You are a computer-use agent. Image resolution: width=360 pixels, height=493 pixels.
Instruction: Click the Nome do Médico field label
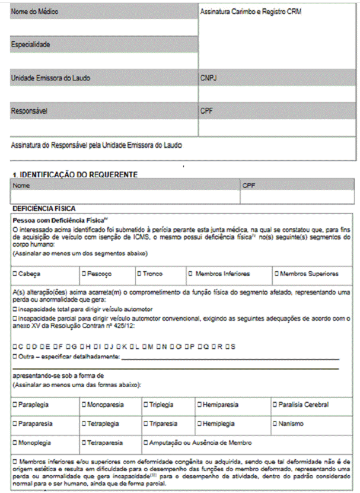tap(35, 12)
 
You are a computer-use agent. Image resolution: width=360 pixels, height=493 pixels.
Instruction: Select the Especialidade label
tap(31, 44)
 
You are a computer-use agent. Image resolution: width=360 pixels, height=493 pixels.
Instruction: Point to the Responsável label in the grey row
tap(29, 110)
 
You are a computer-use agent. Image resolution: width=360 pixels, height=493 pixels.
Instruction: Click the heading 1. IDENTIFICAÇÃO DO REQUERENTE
tap(75, 174)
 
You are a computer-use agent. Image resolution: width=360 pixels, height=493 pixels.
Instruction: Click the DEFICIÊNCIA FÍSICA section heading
tap(44, 209)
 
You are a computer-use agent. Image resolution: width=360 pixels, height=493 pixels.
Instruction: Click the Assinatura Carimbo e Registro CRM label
tap(251, 11)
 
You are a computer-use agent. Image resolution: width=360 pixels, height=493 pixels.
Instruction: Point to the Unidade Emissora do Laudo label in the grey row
tap(50, 77)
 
